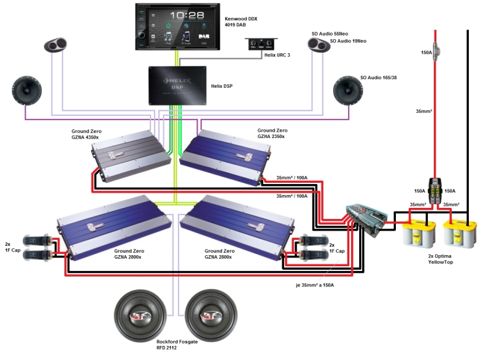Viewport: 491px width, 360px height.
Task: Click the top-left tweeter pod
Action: (59, 45)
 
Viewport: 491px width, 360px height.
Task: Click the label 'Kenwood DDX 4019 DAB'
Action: (241, 23)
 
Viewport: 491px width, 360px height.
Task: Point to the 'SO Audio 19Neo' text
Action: (348, 41)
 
